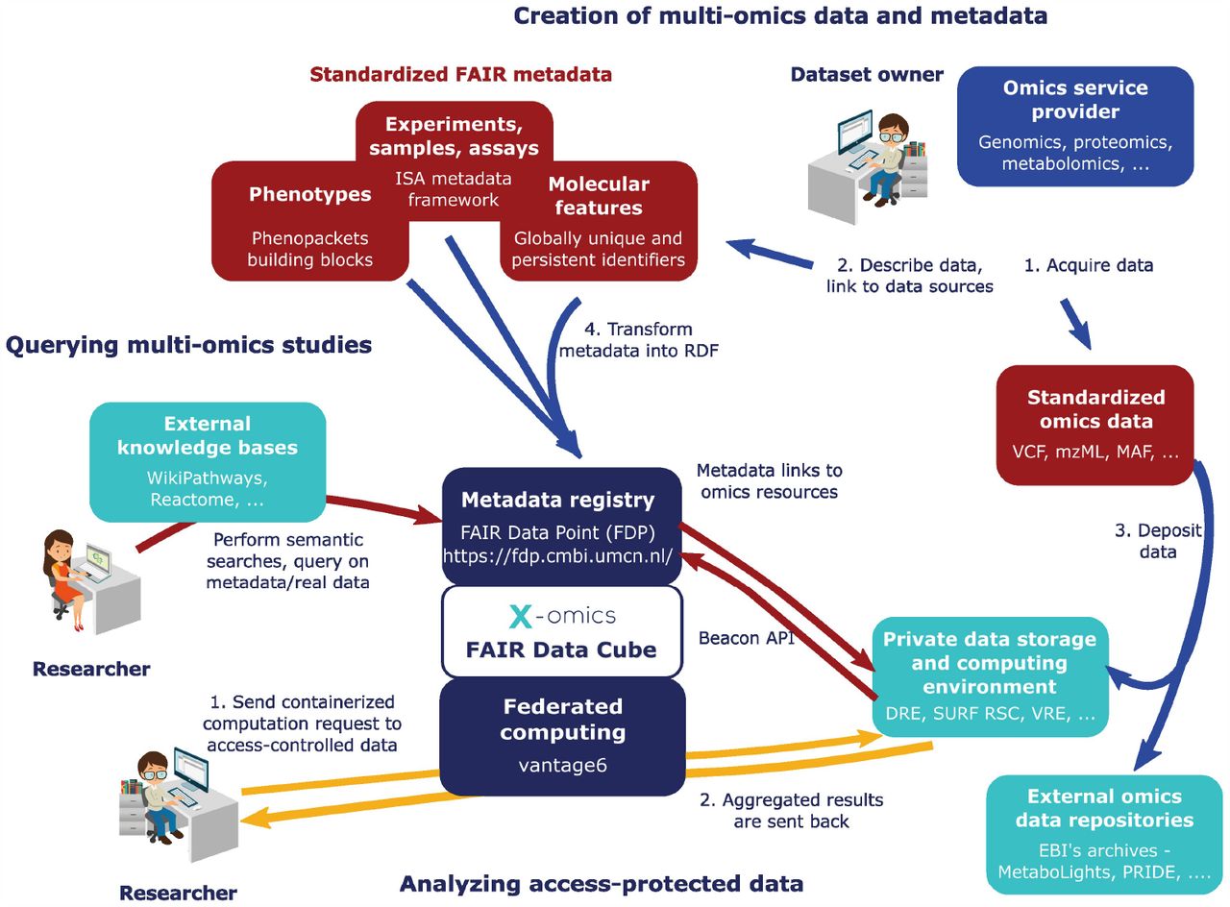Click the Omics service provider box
point(1075,126)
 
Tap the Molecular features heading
point(599,196)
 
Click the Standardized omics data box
point(1095,425)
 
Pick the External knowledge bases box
point(208,462)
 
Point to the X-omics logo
point(562,616)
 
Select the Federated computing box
point(563,737)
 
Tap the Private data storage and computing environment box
point(990,676)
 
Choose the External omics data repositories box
point(1104,835)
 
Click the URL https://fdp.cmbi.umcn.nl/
point(557,556)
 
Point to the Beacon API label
point(747,638)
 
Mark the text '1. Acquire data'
point(1089,265)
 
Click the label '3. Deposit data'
point(1158,541)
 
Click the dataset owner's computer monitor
point(854,132)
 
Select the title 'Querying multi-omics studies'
point(188,345)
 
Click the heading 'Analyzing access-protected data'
point(602,884)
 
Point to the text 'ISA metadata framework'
point(453,189)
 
